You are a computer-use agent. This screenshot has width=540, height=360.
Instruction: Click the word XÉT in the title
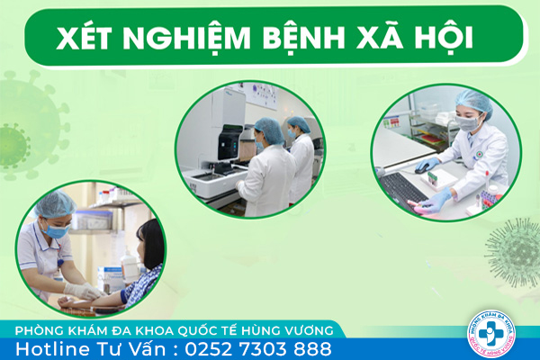(84, 37)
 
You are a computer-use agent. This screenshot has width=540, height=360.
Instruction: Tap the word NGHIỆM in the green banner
(186, 37)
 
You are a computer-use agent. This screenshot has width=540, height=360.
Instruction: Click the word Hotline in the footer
(52, 348)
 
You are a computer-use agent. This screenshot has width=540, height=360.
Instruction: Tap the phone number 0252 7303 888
(258, 348)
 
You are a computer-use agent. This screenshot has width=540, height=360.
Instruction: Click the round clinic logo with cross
(491, 334)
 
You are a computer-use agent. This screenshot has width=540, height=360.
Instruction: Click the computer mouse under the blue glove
(422, 169)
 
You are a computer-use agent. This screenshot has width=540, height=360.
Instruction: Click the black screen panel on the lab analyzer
(230, 142)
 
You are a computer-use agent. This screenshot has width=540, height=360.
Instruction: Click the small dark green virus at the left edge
(13, 146)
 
